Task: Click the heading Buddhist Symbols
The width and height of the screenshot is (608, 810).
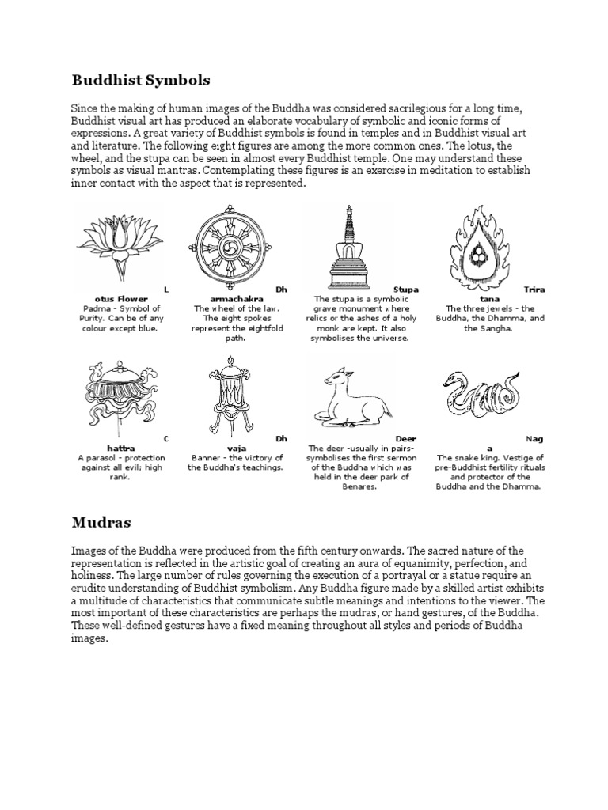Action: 142,80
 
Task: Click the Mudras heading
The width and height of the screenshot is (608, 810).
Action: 101,523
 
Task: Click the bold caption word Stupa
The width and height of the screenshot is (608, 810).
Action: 406,290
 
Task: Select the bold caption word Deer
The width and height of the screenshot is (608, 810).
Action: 406,438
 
